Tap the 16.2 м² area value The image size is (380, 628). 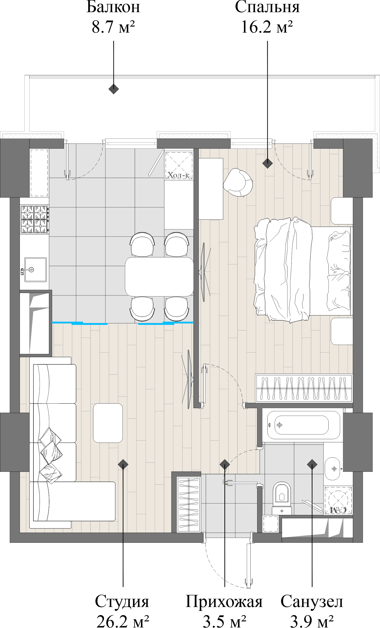(267, 27)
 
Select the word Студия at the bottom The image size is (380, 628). (122, 602)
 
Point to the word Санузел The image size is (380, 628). (312, 602)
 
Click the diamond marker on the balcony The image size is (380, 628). (114, 89)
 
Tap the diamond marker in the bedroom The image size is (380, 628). (268, 163)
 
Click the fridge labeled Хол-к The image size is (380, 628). (179, 165)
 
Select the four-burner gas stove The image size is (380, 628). (34, 219)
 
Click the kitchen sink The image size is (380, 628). (35, 270)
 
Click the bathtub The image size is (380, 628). (303, 425)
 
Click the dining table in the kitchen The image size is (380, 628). (159, 277)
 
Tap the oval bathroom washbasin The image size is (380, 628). (332, 469)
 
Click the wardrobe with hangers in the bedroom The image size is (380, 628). (304, 388)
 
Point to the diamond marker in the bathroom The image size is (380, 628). (312, 464)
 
